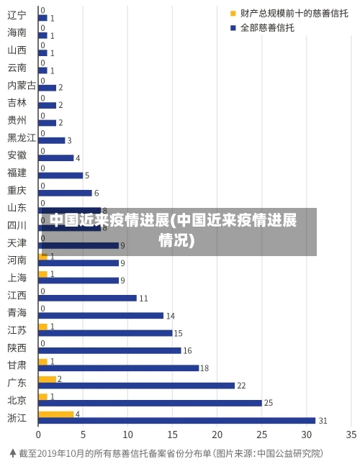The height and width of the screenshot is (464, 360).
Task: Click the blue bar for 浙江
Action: coord(176,421)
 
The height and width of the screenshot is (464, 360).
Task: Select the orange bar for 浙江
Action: coord(56,414)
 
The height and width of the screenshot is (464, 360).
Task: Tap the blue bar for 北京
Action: coord(150,403)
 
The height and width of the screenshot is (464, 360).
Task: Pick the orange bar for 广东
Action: coord(48,379)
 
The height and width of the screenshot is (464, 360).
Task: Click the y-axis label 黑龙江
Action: coord(22,137)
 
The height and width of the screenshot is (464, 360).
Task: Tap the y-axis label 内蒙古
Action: coord(22,85)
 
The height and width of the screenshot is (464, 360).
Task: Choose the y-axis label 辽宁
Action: coord(17,15)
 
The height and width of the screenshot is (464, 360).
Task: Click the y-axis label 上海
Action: coord(17,278)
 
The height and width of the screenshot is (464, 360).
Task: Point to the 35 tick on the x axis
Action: coord(351,435)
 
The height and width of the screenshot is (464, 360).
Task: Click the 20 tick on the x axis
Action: coord(217,435)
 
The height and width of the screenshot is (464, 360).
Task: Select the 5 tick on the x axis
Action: coord(83,435)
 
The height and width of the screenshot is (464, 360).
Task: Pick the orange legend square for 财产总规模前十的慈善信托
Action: coord(233,14)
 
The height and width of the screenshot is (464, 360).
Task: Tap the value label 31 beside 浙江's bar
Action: coord(323,421)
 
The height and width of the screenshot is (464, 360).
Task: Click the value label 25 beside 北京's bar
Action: coord(269,403)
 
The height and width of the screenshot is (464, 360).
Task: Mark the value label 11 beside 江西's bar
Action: coord(143,298)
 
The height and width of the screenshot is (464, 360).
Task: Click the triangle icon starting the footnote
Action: coord(12,453)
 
